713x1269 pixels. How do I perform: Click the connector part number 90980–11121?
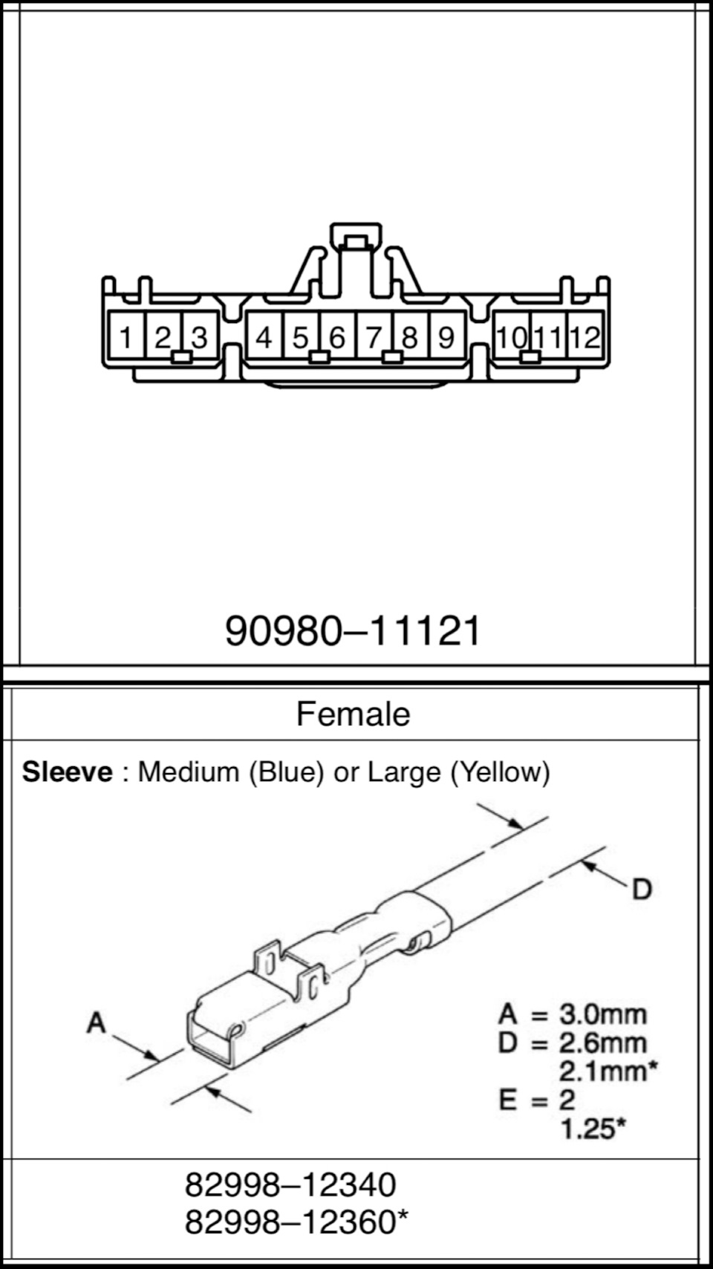pyautogui.click(x=353, y=630)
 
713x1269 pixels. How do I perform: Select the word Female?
pyautogui.click(x=353, y=714)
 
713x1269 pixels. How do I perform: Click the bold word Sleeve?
pyautogui.click(x=67, y=772)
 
